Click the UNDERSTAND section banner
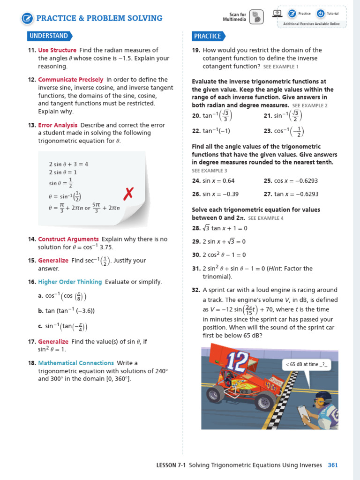pyautogui.click(x=49, y=36)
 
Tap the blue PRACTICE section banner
pyautogui.click(x=208, y=36)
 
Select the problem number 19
pyautogui.click(x=196, y=50)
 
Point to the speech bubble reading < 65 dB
pyautogui.click(x=306, y=365)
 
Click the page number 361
pyautogui.click(x=332, y=465)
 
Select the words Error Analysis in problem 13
pyautogui.click(x=58, y=125)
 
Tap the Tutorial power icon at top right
pyautogui.click(x=321, y=14)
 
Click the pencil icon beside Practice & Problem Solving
pyautogui.click(x=28, y=19)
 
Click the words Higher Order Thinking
pyautogui.click(x=70, y=282)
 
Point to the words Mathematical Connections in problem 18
pyautogui.click(x=76, y=363)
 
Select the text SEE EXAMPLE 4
pyautogui.click(x=266, y=218)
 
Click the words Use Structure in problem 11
pyautogui.click(x=57, y=50)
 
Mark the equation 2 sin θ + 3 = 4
pyautogui.click(x=68, y=164)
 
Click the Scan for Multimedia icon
pyautogui.click(x=256, y=17)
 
